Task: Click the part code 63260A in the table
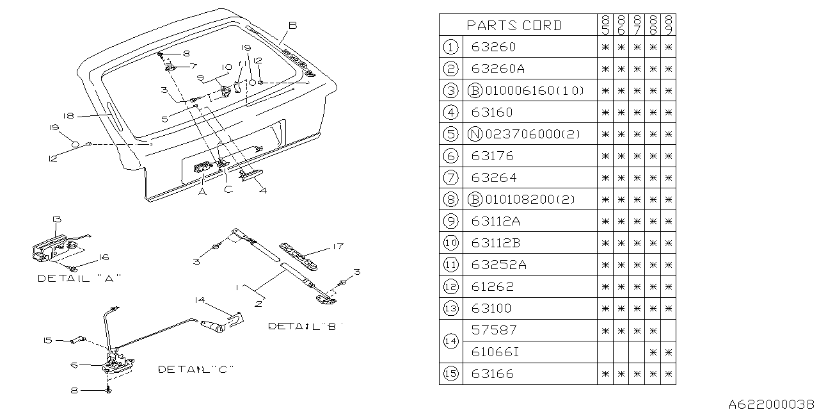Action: (497, 69)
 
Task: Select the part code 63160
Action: (493, 112)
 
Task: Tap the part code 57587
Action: (494, 330)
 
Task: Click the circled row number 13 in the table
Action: (451, 308)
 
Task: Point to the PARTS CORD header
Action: (514, 26)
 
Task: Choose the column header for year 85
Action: (605, 26)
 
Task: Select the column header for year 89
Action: (669, 26)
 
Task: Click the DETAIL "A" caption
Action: (79, 278)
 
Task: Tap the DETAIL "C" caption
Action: (196, 370)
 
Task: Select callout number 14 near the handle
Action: (200, 299)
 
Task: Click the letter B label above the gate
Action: (292, 25)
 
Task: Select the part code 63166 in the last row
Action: (493, 373)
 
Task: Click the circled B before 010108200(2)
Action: (474, 199)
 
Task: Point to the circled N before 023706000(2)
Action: (474, 134)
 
